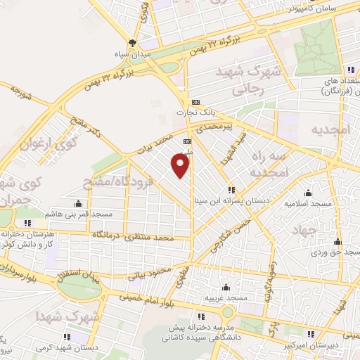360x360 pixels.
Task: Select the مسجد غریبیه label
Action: tap(226, 298)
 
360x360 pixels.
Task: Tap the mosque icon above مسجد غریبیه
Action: tap(226, 287)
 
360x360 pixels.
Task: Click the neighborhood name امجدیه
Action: tap(330, 131)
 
